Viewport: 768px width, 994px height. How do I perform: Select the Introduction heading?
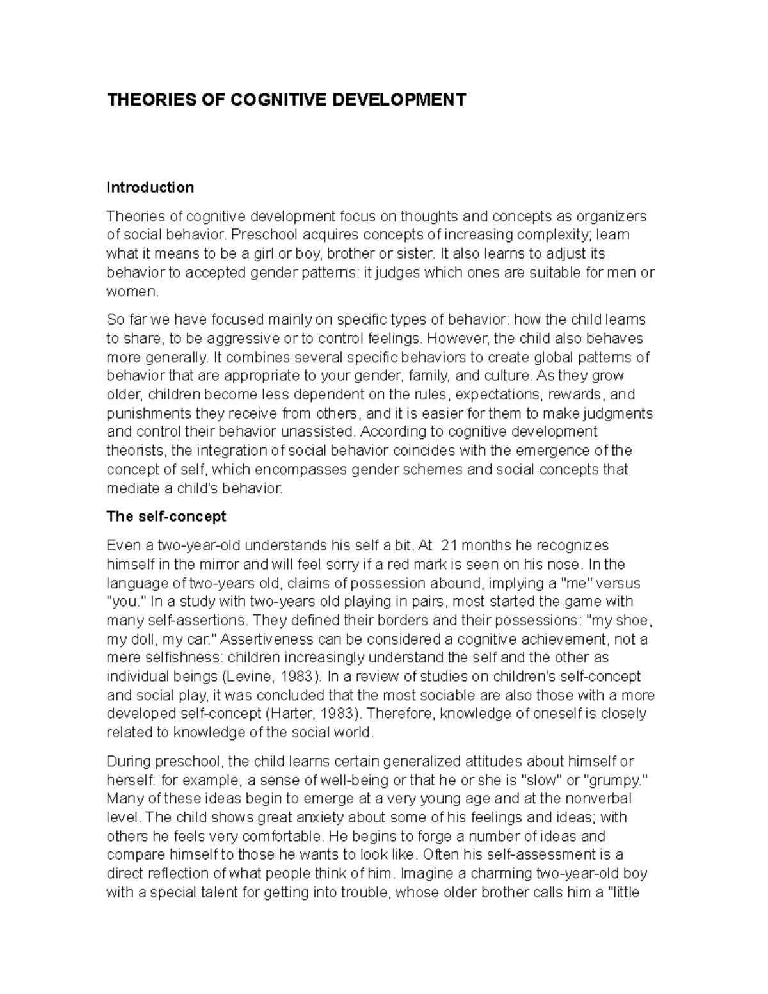[150, 188]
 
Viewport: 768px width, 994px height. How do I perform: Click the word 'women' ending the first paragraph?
[130, 292]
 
